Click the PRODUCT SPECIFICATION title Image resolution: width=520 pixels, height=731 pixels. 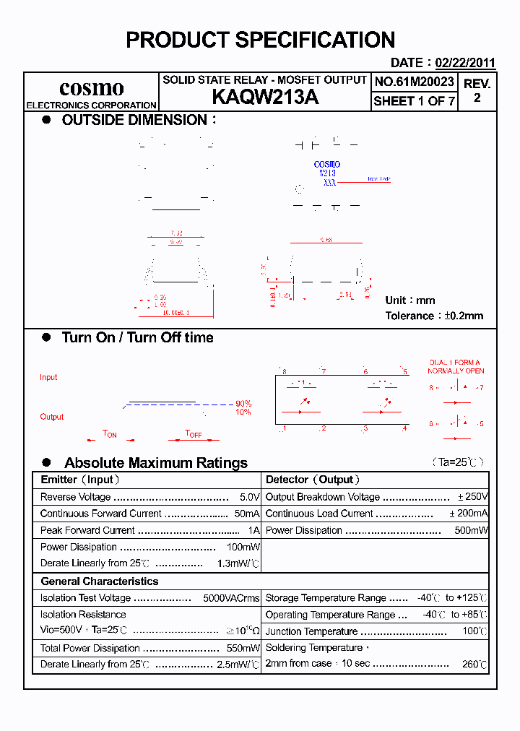pyautogui.click(x=260, y=40)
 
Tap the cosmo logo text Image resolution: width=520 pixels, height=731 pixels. pyautogui.click(x=91, y=88)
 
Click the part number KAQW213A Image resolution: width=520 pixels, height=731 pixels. pyautogui.click(x=264, y=98)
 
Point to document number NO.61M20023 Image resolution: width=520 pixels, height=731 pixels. pyautogui.click(x=415, y=82)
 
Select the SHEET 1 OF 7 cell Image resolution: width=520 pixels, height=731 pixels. pyautogui.click(x=415, y=101)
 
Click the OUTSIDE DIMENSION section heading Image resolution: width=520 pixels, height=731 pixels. pyautogui.click(x=135, y=120)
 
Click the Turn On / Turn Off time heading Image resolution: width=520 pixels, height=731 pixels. pyautogui.click(x=137, y=337)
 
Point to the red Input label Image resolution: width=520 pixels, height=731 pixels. pyautogui.click(x=48, y=377)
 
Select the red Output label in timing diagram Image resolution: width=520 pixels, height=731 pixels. pyautogui.click(x=52, y=417)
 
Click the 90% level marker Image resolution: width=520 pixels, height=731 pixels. pyautogui.click(x=243, y=403)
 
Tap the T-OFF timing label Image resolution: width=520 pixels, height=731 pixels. pyautogui.click(x=194, y=433)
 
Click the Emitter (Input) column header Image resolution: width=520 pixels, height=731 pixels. pyautogui.click(x=80, y=480)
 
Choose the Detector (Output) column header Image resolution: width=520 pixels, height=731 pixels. pyautogui.click(x=313, y=480)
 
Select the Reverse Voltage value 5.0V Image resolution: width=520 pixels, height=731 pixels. pyautogui.click(x=249, y=497)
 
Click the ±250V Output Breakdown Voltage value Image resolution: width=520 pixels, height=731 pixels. pyautogui.click(x=473, y=497)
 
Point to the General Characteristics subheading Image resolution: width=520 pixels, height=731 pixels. pyautogui.click(x=100, y=581)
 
